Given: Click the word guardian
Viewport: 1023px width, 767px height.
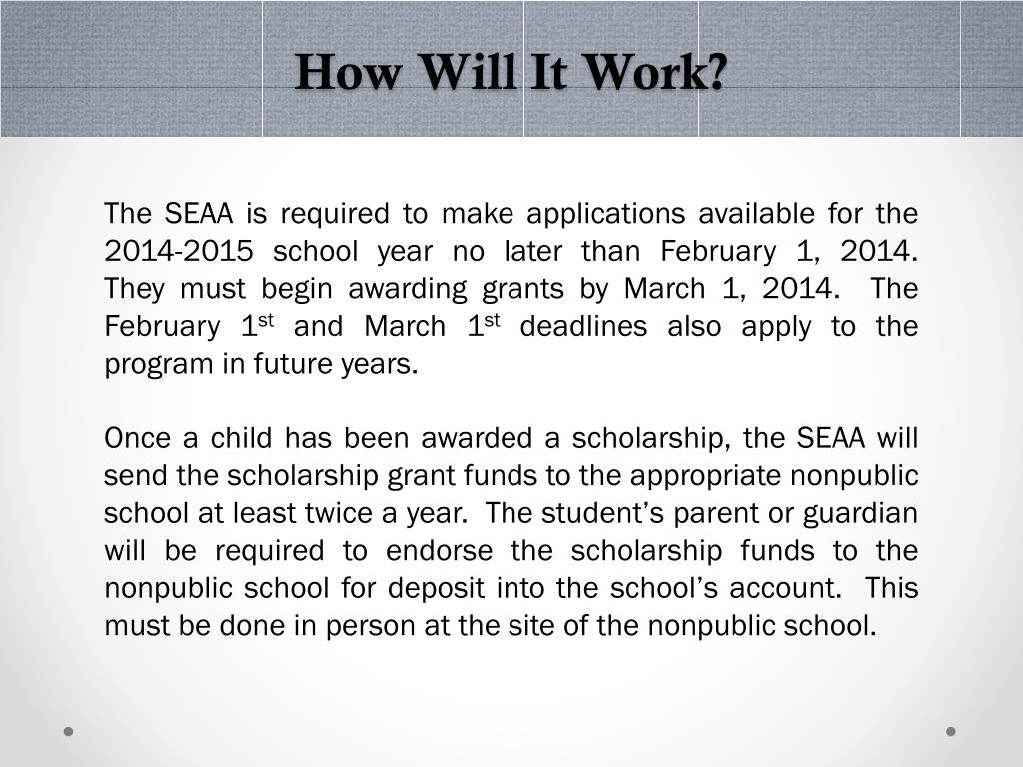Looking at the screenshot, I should click(x=861, y=513).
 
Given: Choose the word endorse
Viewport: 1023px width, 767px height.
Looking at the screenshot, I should click(x=439, y=551).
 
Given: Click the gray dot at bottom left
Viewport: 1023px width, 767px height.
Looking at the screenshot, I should click(x=69, y=731).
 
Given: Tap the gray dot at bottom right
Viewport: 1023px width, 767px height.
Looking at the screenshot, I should click(x=951, y=731).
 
